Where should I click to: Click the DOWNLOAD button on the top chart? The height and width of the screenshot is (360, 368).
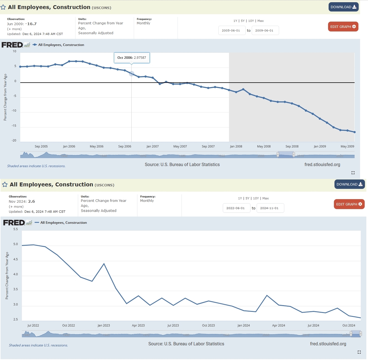point(343,7)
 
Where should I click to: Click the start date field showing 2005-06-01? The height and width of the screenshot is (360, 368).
point(231,30)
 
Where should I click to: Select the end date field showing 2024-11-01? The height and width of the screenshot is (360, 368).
point(270,208)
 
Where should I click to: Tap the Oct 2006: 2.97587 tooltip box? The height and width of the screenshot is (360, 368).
point(132,58)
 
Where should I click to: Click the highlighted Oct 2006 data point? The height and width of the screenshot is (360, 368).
point(132,74)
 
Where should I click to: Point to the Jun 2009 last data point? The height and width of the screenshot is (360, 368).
point(355,132)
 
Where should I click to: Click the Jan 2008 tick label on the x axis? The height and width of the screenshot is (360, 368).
point(236,146)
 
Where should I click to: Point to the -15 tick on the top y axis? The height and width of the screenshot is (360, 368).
point(14,126)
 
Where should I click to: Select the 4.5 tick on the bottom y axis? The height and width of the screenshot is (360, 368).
point(16,259)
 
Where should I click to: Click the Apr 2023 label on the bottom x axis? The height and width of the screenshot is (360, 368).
point(138,326)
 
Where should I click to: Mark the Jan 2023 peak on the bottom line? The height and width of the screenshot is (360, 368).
point(104,263)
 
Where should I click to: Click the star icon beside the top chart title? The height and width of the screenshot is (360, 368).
point(3,7)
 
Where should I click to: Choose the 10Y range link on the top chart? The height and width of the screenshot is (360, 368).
point(251,21)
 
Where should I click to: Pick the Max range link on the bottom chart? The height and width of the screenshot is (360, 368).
point(265,198)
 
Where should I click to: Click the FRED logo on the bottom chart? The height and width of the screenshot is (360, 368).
point(14,223)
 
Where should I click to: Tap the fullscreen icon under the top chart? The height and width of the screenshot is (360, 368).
point(353,173)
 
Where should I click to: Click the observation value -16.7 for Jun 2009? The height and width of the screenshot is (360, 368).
point(32,24)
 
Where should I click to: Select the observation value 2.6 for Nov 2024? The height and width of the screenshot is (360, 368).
point(31,201)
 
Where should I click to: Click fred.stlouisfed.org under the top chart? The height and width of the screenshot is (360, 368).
point(322,164)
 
